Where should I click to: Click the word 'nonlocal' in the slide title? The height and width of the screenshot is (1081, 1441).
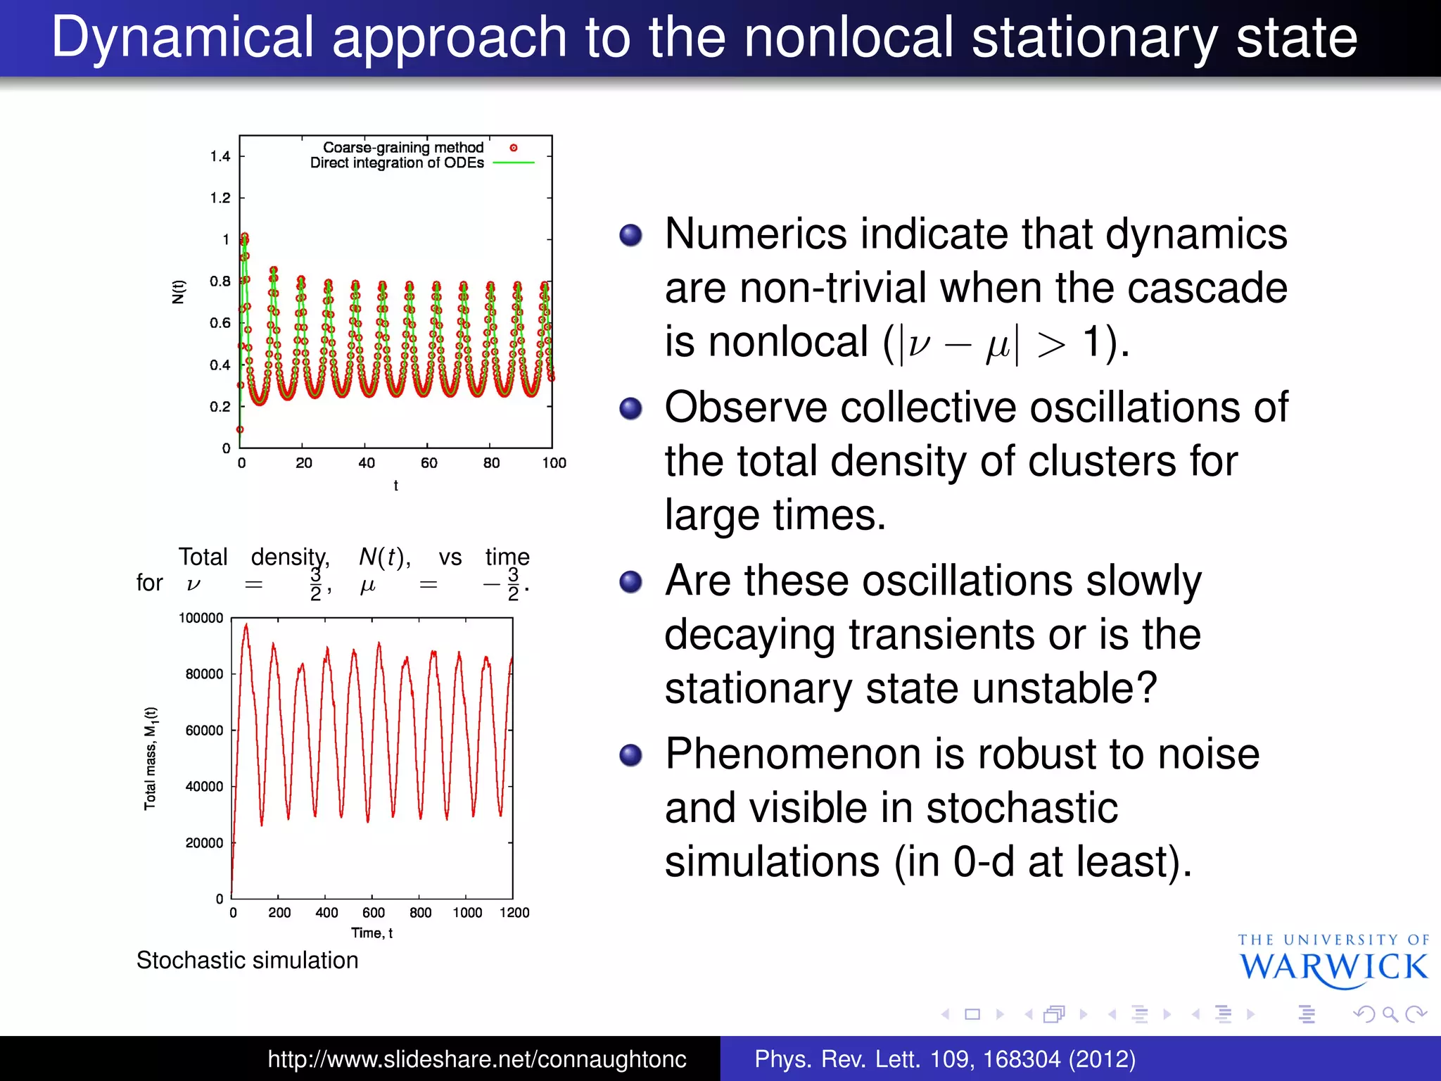tap(849, 38)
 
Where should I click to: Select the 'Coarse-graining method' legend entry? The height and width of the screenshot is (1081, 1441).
tap(403, 148)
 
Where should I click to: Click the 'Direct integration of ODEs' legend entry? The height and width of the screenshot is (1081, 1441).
tap(398, 163)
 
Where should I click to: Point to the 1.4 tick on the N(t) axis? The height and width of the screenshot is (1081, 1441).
tap(220, 156)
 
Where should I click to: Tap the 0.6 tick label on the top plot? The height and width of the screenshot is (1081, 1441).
tap(220, 323)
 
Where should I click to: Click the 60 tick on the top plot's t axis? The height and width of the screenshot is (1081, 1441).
tap(429, 463)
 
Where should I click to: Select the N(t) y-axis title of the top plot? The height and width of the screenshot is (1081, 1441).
tap(179, 291)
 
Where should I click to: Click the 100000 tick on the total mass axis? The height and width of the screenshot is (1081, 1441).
tap(201, 618)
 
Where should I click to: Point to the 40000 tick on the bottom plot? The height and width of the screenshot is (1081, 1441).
tap(204, 786)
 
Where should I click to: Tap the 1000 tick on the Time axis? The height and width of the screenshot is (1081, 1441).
tap(467, 913)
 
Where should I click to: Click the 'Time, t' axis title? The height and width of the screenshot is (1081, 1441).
tap(372, 933)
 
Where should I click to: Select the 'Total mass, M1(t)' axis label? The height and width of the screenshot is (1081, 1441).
tap(151, 758)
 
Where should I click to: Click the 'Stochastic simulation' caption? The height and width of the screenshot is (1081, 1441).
tap(247, 961)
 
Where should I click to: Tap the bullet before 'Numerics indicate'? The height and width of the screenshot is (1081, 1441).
tap(631, 235)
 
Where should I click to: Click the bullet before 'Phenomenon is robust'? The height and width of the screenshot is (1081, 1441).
tap(631, 755)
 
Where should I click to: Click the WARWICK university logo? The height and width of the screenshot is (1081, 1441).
tap(1333, 962)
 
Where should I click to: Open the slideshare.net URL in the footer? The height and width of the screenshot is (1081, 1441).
tap(476, 1059)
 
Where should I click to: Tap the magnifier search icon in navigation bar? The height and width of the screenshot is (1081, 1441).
tap(1390, 1014)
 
